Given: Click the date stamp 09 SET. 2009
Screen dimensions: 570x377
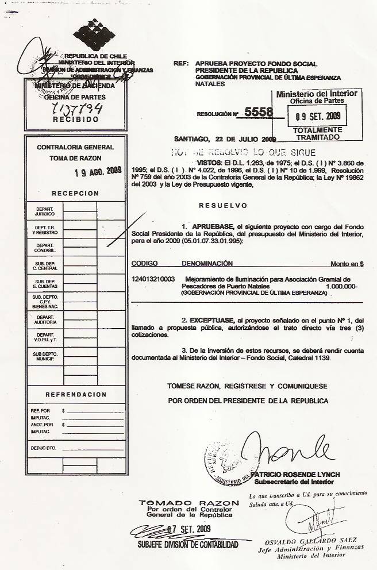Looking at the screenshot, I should click(x=318, y=116).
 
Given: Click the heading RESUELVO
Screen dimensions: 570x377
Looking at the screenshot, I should click(x=222, y=205).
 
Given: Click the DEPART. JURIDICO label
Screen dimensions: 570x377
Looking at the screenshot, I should click(x=44, y=211).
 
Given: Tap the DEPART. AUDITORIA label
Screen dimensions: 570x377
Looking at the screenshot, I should click(x=44, y=319).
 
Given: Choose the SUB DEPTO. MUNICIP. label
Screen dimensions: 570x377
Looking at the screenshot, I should click(x=44, y=356).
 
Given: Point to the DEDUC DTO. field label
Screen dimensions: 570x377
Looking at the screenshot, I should click(x=43, y=447).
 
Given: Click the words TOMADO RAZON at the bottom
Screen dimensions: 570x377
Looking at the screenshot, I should click(x=189, y=503).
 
